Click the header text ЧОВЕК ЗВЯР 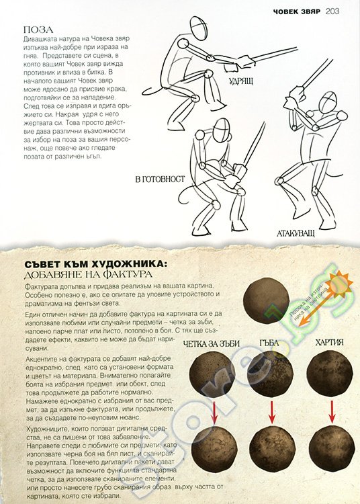[289, 11]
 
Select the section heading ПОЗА [38, 30]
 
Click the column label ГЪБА [273, 342]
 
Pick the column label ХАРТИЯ [328, 342]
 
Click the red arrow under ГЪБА [271, 411]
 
